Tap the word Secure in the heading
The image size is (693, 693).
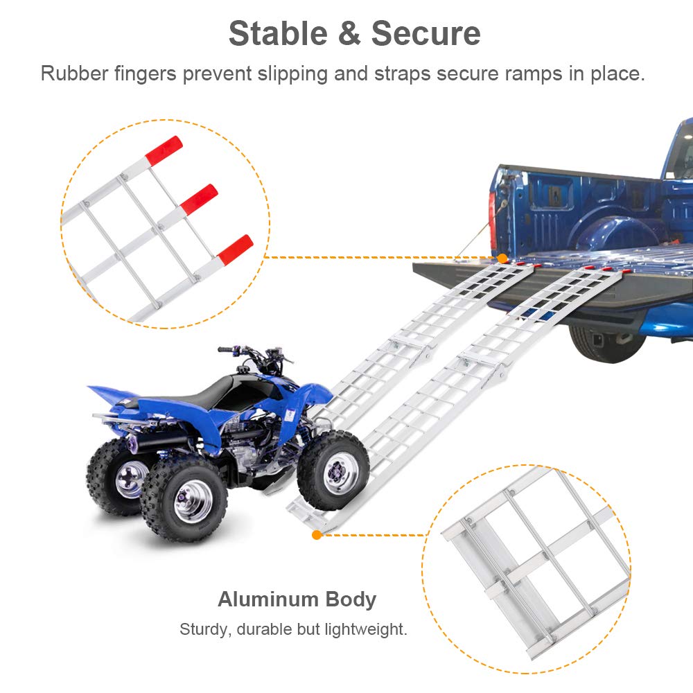[426, 33]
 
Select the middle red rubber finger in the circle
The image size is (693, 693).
[200, 199]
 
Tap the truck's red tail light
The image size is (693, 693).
[493, 215]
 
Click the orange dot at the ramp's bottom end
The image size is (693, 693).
[317, 534]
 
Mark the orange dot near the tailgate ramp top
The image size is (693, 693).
[500, 258]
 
